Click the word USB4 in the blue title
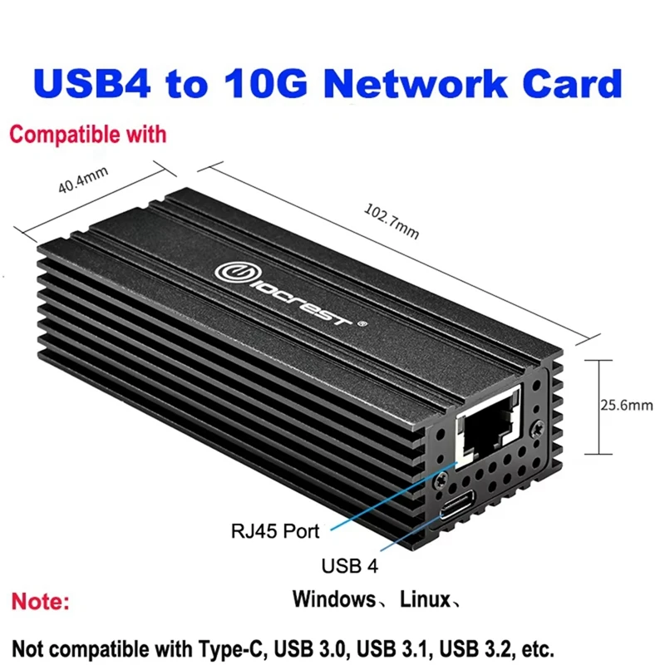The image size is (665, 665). point(91,82)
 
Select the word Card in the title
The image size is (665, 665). point(571,82)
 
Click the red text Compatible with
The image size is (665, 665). point(88,135)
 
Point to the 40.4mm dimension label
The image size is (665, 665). point(83,180)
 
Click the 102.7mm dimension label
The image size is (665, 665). point(392,221)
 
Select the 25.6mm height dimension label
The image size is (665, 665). point(627,405)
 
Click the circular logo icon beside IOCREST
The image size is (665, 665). point(230,273)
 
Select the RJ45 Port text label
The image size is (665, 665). point(275,531)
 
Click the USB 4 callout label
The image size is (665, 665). point(349,566)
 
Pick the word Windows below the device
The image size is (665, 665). point(334,598)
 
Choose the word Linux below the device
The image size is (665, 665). point(425,598)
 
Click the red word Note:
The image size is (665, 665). point(40,601)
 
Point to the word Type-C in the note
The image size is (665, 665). point(233,649)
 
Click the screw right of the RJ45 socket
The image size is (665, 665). point(538,428)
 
